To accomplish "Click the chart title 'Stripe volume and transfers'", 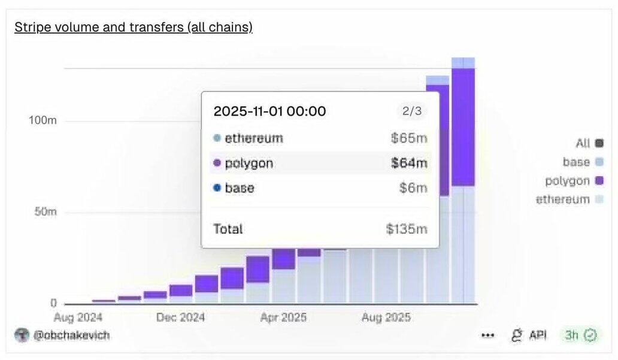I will pos(133,28).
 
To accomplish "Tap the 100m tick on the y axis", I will pos(43,120).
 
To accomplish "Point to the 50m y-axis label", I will pos(45,212).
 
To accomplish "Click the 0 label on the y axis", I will pos(53,303).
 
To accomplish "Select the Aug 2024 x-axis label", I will pos(78,317).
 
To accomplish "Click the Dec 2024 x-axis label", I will pos(180,317).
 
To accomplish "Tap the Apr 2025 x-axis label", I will pos(284,317).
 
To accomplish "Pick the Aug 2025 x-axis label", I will pos(386,317).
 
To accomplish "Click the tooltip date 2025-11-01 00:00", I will pos(269,111).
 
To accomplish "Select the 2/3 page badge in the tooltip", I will pos(411,111).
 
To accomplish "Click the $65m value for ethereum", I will pos(409,138).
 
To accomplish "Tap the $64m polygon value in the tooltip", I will pos(409,163).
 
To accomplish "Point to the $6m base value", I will pos(413,188).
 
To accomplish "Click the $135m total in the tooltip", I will pos(407,229).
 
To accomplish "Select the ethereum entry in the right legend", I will pos(563,199).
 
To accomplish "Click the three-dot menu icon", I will pos(487,335).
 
